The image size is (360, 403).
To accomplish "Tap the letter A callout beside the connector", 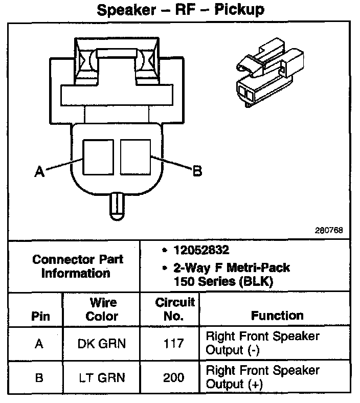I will pos(39,173).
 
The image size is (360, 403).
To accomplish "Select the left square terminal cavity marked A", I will pos(98,156).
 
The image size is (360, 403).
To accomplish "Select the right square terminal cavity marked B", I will pos(135,156).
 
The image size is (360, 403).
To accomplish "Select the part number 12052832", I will pos(200,251).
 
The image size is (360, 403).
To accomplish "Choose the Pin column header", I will pos(40,316).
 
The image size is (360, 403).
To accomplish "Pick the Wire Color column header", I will pos(102,309).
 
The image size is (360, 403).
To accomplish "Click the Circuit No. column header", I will pos(174,309).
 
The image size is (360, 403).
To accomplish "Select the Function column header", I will pos(277,316).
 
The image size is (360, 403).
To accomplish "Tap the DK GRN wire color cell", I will pos(101,344).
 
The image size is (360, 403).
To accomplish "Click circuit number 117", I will pos(174,343).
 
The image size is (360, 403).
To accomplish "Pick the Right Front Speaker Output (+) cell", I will pos(262,377).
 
